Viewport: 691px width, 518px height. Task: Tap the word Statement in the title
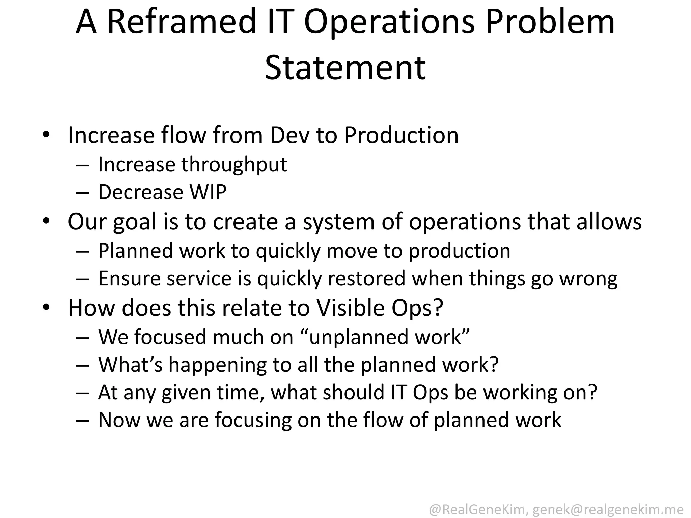345,68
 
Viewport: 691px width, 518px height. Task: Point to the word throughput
234,165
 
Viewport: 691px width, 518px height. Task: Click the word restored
366,279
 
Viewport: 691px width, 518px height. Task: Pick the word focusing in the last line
253,420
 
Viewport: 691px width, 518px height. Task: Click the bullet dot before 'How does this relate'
46,307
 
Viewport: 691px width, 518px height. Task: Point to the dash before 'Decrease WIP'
82,193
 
